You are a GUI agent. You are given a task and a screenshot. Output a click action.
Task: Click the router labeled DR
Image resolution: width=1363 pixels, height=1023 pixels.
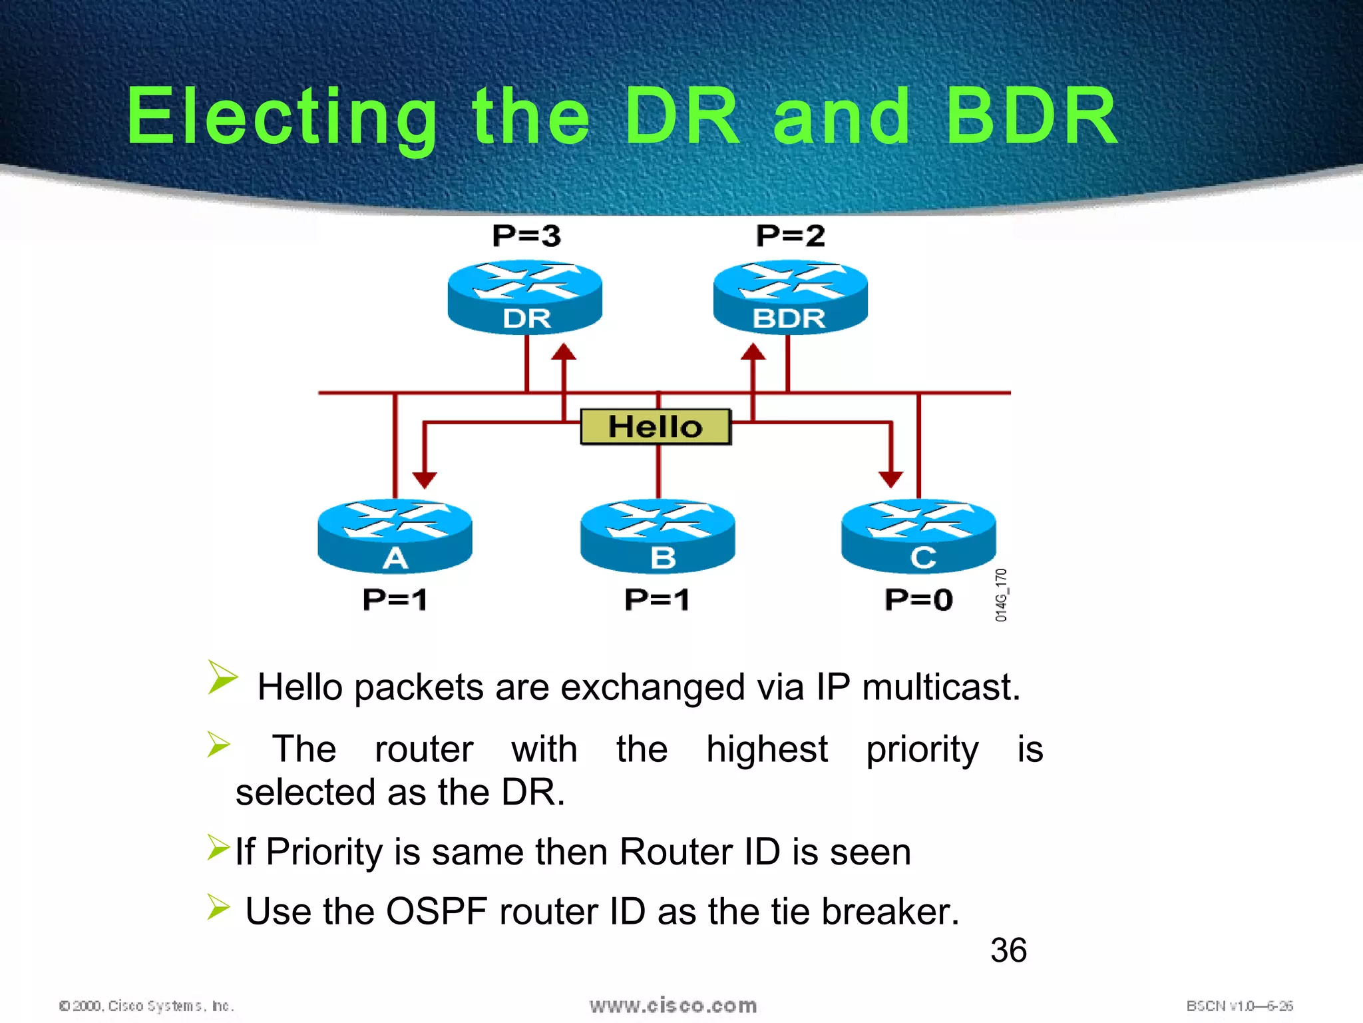coord(525,297)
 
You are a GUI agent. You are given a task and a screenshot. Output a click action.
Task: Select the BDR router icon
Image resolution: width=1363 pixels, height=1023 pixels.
coord(790,297)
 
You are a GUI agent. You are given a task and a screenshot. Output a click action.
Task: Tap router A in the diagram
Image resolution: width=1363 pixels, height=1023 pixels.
coord(395,535)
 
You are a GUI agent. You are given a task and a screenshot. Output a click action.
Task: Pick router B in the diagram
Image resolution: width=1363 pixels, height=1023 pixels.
coord(658,535)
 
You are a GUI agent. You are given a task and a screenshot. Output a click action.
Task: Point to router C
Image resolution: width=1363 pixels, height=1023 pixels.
coord(918,535)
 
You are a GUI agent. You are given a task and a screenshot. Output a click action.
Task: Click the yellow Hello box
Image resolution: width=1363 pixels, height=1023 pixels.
coord(656,427)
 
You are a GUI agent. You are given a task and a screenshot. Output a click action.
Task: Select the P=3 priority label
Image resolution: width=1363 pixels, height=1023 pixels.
coord(526,236)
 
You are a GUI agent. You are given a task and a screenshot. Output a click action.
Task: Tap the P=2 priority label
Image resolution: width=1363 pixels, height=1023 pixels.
coord(790,236)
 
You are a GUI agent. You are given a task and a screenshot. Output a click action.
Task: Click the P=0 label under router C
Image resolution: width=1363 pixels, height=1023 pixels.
coord(918,599)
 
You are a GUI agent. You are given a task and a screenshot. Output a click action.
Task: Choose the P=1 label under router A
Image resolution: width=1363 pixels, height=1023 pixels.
coord(395,599)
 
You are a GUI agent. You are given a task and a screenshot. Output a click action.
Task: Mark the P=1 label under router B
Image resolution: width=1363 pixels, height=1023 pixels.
coord(657,599)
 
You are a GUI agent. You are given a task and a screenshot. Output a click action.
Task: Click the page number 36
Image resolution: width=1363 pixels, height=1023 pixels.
coord(1008,950)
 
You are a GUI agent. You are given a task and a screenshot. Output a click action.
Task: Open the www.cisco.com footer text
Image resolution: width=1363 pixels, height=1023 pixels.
coord(673,1005)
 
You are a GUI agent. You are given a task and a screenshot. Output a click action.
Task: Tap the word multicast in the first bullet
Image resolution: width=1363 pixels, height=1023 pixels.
coord(940,687)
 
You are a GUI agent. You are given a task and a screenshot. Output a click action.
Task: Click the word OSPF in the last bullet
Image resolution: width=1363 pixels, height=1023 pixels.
coord(437,911)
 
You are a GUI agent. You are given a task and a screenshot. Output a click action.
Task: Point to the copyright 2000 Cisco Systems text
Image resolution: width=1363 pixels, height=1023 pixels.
coord(146,1006)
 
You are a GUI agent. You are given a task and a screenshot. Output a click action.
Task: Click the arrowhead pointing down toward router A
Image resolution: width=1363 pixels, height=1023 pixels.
coord(425,480)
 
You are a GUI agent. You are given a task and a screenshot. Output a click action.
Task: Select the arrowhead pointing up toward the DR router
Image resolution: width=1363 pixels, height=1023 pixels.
coord(564,352)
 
